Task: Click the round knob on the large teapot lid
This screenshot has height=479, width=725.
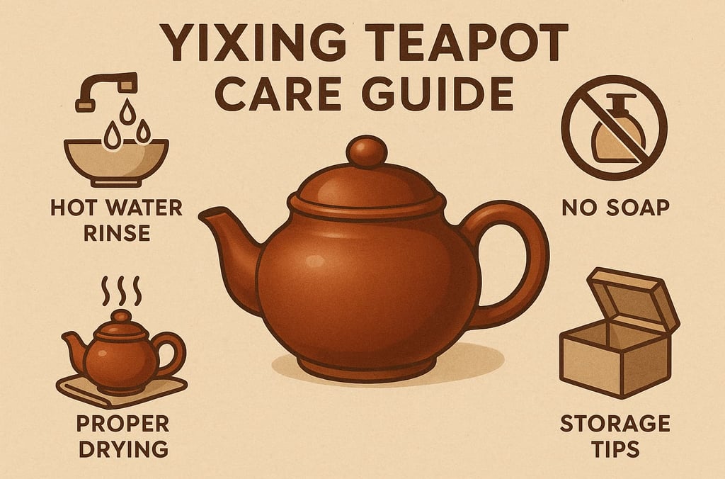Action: [367, 152]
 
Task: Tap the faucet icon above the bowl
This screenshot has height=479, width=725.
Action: [106, 90]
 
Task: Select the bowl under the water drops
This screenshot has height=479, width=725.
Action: [116, 162]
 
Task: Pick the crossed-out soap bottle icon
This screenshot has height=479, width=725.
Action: [614, 128]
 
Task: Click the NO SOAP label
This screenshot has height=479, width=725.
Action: [616, 208]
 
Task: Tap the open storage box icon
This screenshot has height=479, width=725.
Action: [620, 332]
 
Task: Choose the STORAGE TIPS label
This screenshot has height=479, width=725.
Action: [615, 436]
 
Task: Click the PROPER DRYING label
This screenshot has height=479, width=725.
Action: [123, 436]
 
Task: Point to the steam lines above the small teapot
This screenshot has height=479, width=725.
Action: [121, 291]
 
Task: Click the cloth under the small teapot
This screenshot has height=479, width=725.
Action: [121, 391]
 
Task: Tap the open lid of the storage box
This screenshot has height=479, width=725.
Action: [634, 296]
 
